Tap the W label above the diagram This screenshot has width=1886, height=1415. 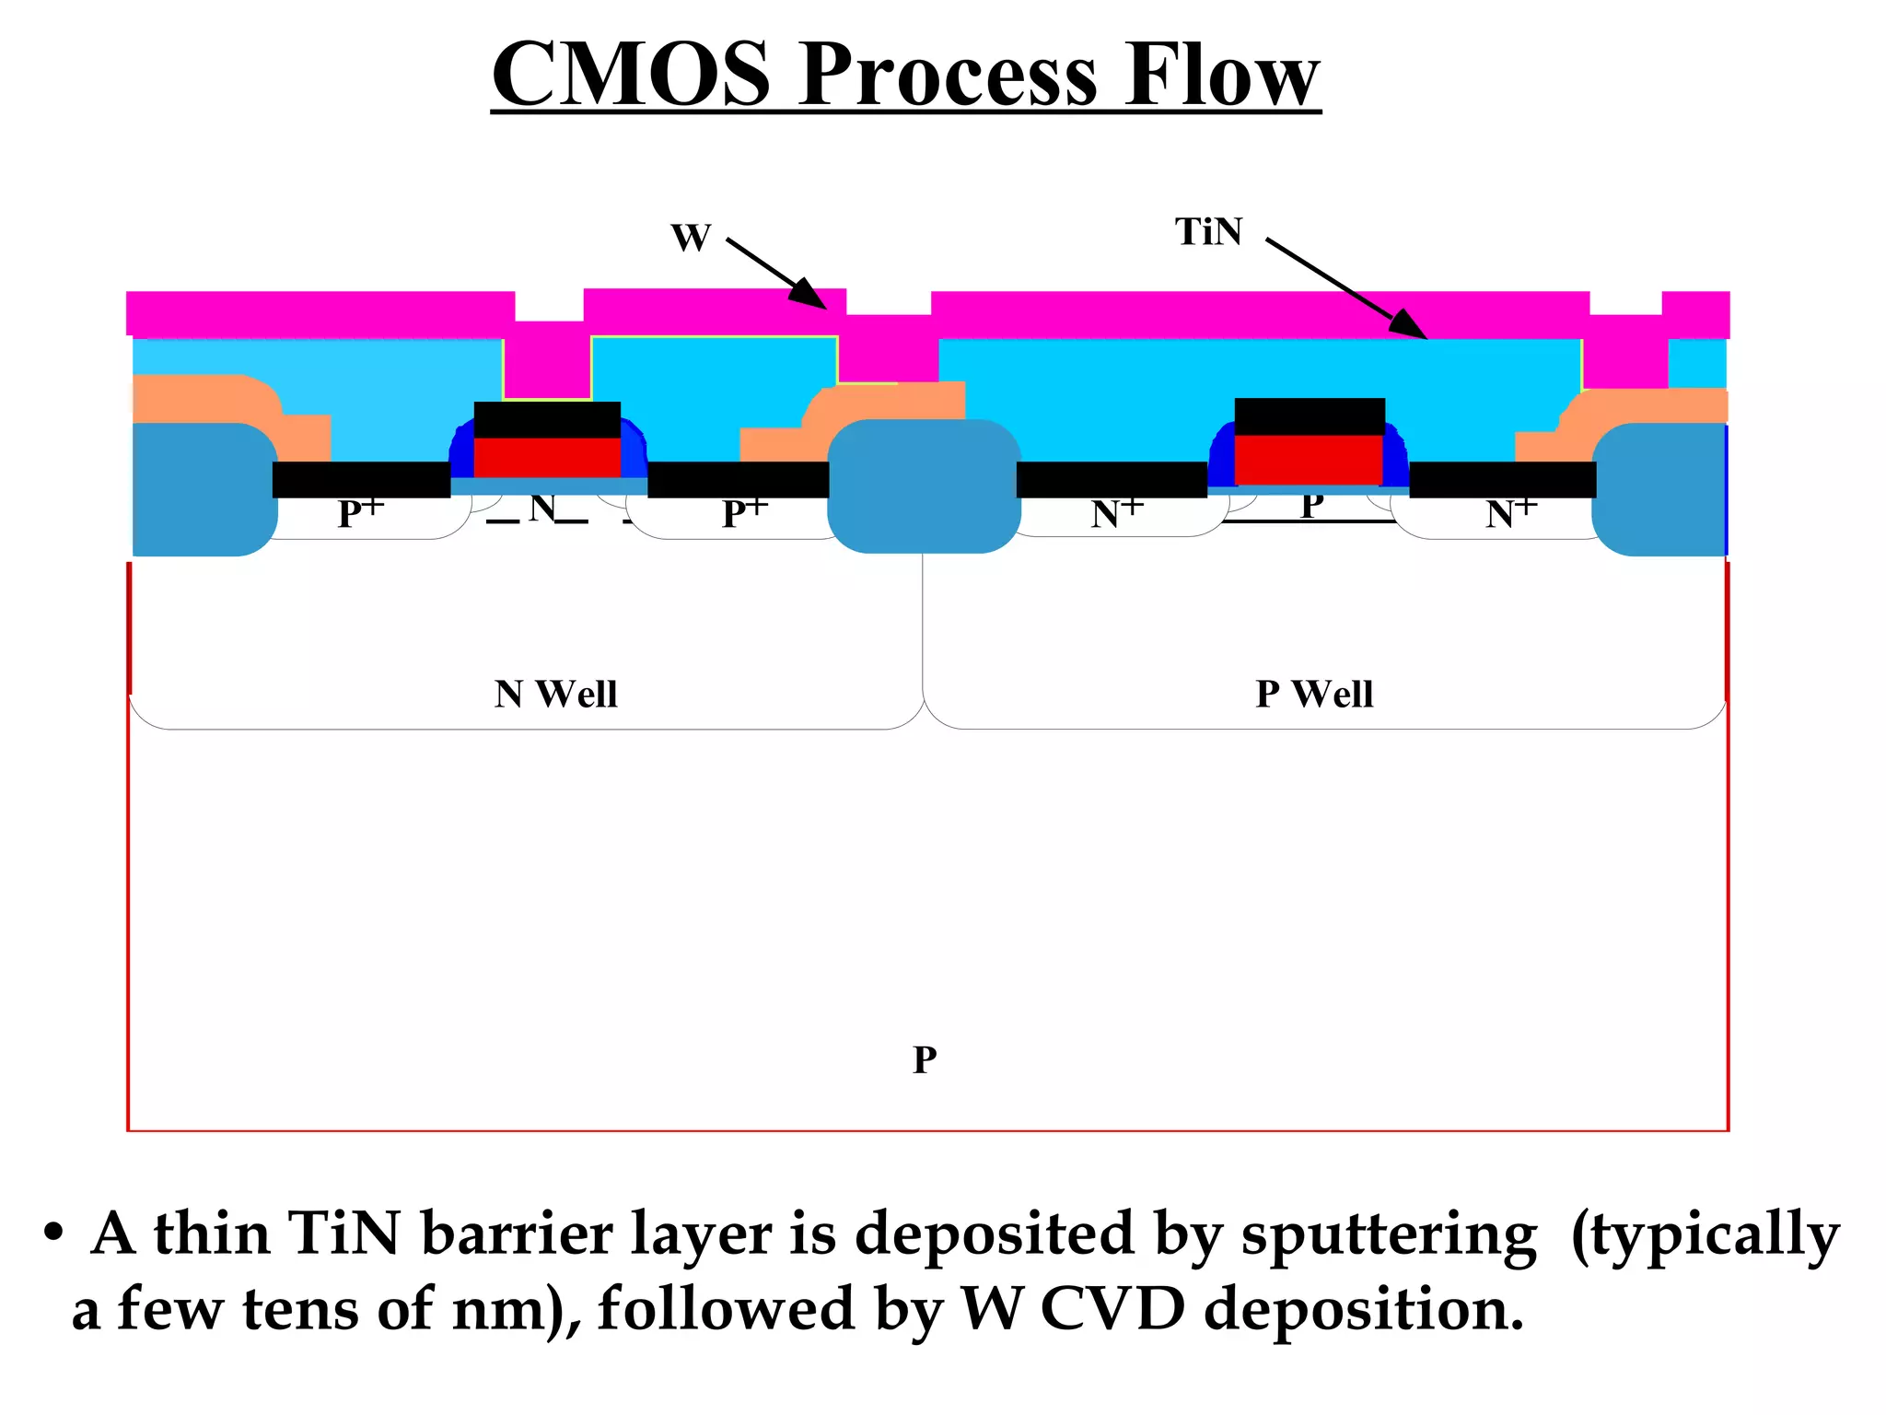point(691,238)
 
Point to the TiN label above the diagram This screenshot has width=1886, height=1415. point(1208,232)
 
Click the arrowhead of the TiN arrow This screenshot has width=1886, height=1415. point(1408,325)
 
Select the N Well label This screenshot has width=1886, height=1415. point(555,694)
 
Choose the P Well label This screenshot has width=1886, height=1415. point(1314,694)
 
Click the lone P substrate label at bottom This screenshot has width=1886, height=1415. point(925,1059)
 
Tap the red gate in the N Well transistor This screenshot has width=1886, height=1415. point(547,457)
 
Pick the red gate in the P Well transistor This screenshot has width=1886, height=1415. point(1309,458)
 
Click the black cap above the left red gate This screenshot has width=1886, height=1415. point(547,419)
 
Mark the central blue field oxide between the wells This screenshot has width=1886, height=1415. point(924,486)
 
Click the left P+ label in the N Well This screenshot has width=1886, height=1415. point(360,512)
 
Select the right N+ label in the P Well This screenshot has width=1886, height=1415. point(1510,512)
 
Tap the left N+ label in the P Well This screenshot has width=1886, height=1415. point(1116,512)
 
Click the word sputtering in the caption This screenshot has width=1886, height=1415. point(1389,1234)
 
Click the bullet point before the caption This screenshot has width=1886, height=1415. point(53,1233)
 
